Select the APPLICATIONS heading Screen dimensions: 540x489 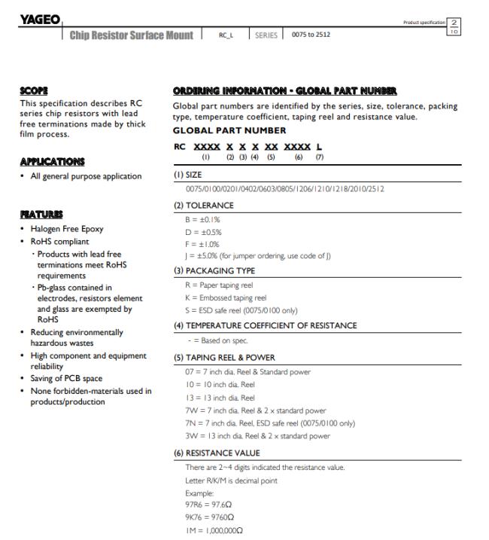[52, 161]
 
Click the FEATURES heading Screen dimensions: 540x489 [39, 214]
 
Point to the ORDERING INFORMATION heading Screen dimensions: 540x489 [274, 90]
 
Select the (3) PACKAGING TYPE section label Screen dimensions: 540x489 [215, 270]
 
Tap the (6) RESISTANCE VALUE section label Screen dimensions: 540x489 [217, 453]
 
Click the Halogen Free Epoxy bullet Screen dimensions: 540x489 [67, 229]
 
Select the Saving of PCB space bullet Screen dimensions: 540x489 [66, 378]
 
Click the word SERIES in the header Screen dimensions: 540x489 [266, 35]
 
